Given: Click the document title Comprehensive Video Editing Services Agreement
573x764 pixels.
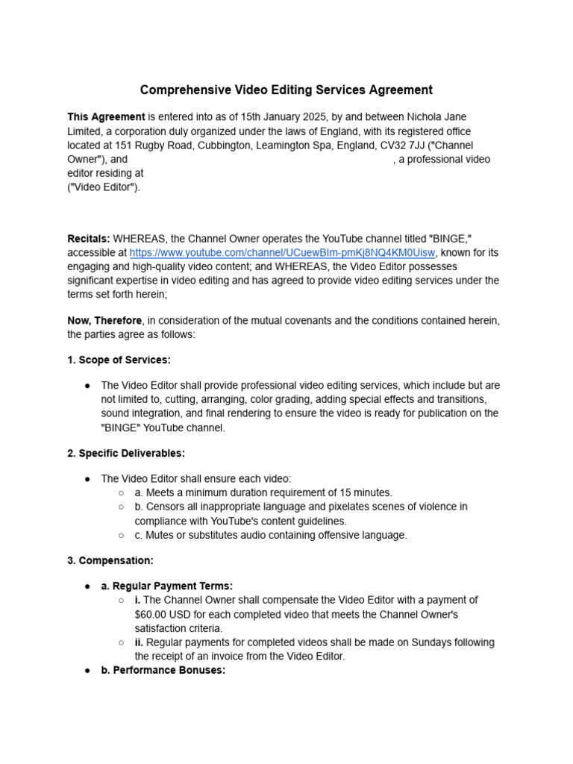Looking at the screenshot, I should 286,90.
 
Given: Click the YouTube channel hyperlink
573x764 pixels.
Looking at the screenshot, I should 281,253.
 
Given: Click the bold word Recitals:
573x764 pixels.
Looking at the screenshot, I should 89,239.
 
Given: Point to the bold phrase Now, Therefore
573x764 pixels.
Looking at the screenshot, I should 105,321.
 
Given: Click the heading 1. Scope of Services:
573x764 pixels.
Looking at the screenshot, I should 119,360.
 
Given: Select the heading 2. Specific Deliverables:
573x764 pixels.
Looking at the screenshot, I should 126,453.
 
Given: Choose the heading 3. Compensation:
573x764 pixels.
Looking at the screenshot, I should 110,560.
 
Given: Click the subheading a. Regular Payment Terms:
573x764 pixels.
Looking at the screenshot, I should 166,586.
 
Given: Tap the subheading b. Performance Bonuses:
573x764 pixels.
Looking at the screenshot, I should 163,671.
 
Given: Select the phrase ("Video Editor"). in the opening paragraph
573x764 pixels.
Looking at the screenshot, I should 104,187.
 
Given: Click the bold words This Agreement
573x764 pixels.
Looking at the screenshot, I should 106,117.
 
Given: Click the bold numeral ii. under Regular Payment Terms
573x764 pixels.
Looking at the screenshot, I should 138,642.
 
